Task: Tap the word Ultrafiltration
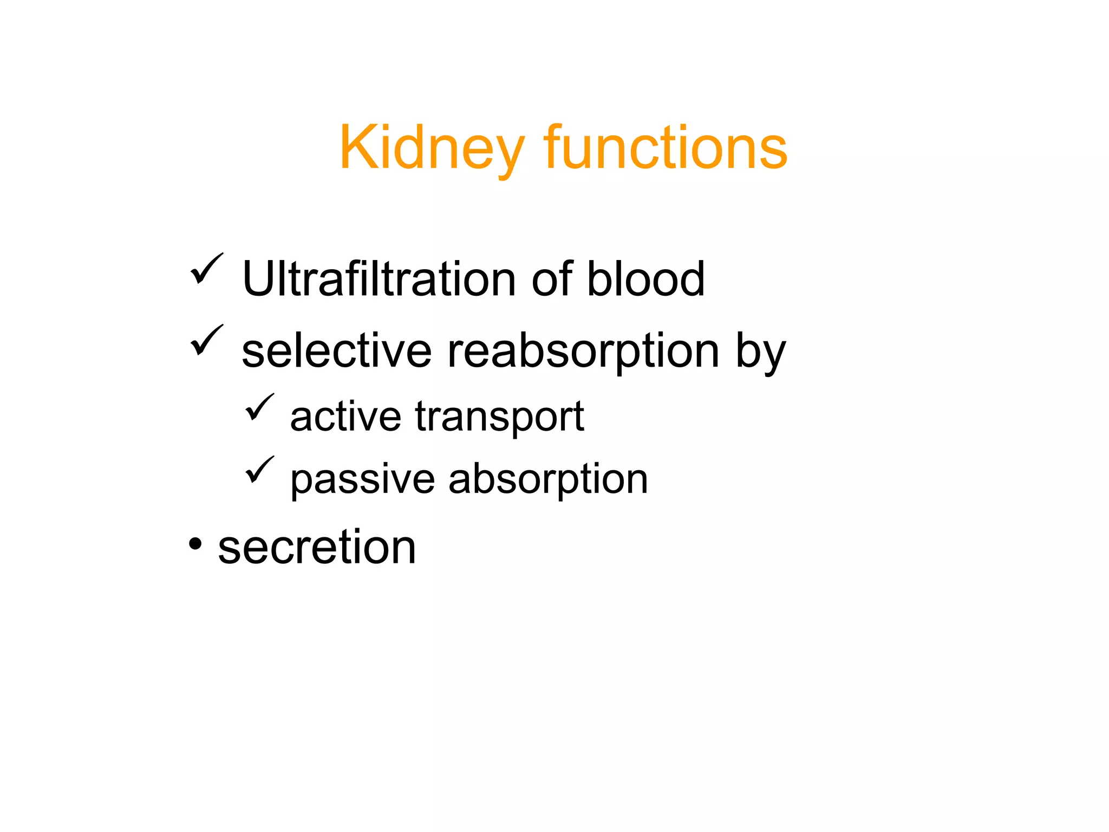[x=379, y=279]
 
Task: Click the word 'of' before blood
[x=552, y=279]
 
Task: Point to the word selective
[x=336, y=352]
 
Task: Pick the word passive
[x=362, y=479]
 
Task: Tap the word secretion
[x=317, y=547]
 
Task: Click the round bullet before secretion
[x=195, y=543]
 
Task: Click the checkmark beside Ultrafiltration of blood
[x=206, y=269]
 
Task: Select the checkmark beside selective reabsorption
[x=206, y=340]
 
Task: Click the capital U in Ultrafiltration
[x=258, y=279]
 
